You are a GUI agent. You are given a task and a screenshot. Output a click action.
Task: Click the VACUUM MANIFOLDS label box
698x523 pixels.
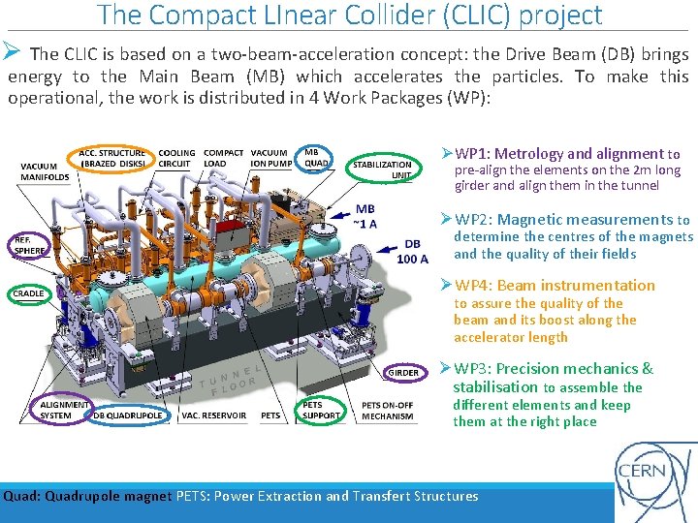pos(45,171)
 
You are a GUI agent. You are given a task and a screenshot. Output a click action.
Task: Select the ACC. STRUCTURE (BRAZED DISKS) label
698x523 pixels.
pos(112,158)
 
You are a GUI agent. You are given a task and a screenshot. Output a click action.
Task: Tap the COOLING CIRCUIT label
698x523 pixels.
pos(175,158)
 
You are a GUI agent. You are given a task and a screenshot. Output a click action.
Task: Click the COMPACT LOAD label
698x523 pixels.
pos(224,158)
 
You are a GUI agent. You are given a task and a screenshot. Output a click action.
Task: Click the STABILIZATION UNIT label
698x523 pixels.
pos(382,170)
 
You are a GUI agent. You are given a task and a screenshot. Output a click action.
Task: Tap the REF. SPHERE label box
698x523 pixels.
pos(29,245)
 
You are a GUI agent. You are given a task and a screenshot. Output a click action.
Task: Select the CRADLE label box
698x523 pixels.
pos(29,293)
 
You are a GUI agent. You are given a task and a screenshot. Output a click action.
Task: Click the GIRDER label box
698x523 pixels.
pos(403,372)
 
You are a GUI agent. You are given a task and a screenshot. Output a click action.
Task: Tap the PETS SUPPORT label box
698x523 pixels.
pos(321,410)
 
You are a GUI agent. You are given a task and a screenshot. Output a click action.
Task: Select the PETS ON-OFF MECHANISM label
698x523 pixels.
pos(387,410)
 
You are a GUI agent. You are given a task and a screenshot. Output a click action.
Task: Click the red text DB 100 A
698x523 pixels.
pos(412,251)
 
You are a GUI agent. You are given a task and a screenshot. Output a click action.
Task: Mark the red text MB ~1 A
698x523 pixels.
pos(365,216)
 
